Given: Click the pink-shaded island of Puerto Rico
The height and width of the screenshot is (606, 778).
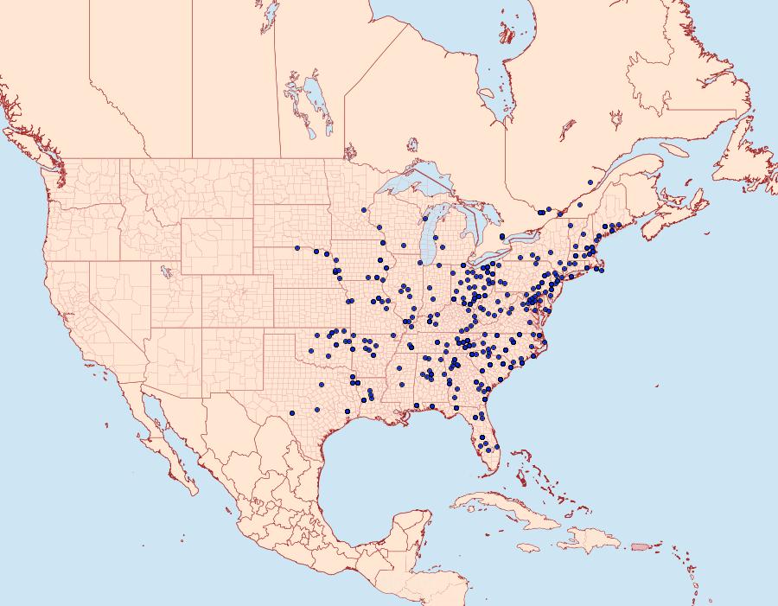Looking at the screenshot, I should [640, 545].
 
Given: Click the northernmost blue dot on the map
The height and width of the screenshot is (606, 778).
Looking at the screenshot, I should [590, 182].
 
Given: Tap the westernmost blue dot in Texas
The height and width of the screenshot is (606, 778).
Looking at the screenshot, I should [293, 412].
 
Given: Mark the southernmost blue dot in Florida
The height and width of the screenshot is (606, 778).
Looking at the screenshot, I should [497, 448].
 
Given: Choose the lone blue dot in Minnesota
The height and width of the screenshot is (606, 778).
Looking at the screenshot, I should [365, 210].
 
